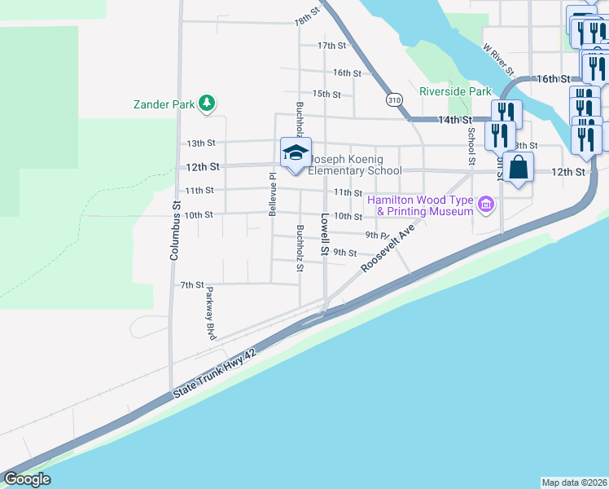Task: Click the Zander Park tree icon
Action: pyautogui.click(x=208, y=104)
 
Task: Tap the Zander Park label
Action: pyautogui.click(x=164, y=104)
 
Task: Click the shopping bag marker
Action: pyautogui.click(x=518, y=169)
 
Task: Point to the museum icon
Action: pyautogui.click(x=486, y=204)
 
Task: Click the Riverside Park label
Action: pyautogui.click(x=456, y=92)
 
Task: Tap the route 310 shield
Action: pyautogui.click(x=394, y=99)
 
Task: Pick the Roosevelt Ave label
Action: pyautogui.click(x=388, y=248)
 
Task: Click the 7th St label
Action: pyautogui.click(x=191, y=284)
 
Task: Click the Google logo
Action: pyautogui.click(x=27, y=479)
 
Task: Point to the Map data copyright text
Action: pyautogui.click(x=574, y=482)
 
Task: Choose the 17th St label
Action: pyautogui.click(x=332, y=46)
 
